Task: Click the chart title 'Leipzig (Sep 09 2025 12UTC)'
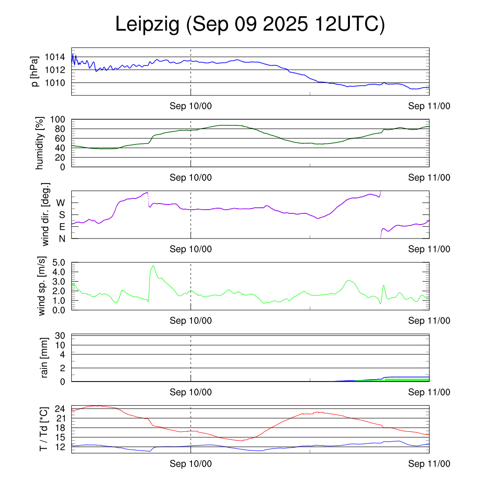(x=250, y=25)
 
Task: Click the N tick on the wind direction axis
(x=61, y=238)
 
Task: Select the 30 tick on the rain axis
(x=59, y=335)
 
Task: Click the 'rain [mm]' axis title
(x=45, y=358)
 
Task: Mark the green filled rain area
(x=405, y=380)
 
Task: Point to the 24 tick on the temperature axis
(x=59, y=409)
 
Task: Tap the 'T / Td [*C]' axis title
(x=43, y=429)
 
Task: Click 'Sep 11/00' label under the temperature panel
(x=429, y=463)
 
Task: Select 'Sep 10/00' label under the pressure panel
(x=191, y=106)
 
